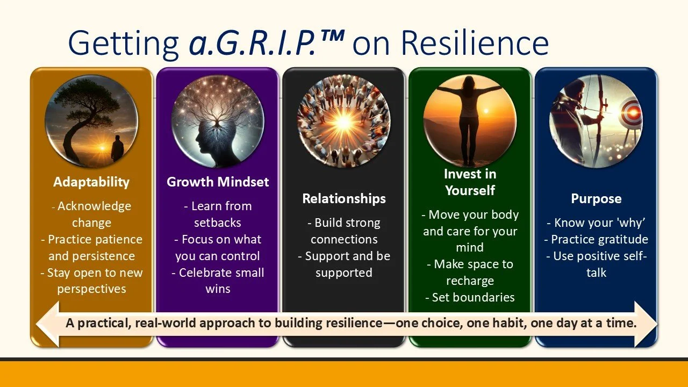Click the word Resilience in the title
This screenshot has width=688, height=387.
pos(475,42)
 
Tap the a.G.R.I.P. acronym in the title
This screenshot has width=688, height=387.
pos(253,43)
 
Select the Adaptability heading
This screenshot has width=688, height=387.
pos(91,182)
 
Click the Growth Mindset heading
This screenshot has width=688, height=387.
pos(218,182)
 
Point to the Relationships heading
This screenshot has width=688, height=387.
pos(344,199)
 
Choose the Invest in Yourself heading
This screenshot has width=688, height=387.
pos(470,182)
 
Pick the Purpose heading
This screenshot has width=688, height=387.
pos(596,199)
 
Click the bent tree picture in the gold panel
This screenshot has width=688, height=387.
pos(91,121)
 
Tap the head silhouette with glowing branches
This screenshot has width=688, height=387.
pos(218,121)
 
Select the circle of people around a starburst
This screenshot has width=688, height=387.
pos(344,121)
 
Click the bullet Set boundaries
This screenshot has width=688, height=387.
pos(470,297)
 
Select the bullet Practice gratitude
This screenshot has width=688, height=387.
pos(596,240)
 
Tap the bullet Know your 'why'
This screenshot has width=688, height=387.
pos(596,223)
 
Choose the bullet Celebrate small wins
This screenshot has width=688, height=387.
pos(218,281)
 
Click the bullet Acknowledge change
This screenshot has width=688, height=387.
pos(91,214)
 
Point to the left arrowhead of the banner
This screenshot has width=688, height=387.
pos(48,324)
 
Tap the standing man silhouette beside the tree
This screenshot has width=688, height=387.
pos(117,149)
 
